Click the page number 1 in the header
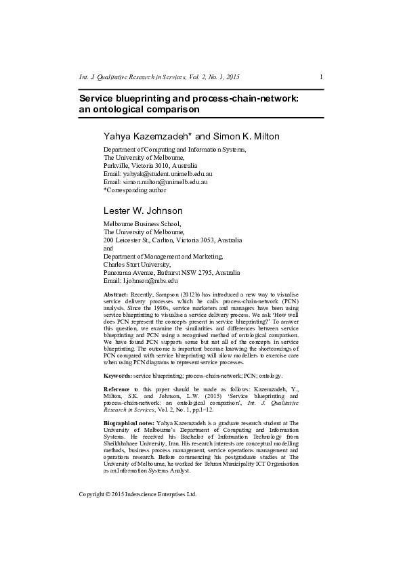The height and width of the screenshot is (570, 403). pos(321,77)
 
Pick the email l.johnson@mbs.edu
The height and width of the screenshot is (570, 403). pos(150,280)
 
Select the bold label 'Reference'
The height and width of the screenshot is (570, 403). pos(117,389)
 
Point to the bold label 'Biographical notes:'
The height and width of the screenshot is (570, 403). pos(129,423)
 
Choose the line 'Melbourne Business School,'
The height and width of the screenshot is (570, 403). pos(142,223)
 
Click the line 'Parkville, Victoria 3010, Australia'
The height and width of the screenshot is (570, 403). pos(150,165)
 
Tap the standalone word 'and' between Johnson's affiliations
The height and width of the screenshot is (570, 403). pos(108,248)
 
